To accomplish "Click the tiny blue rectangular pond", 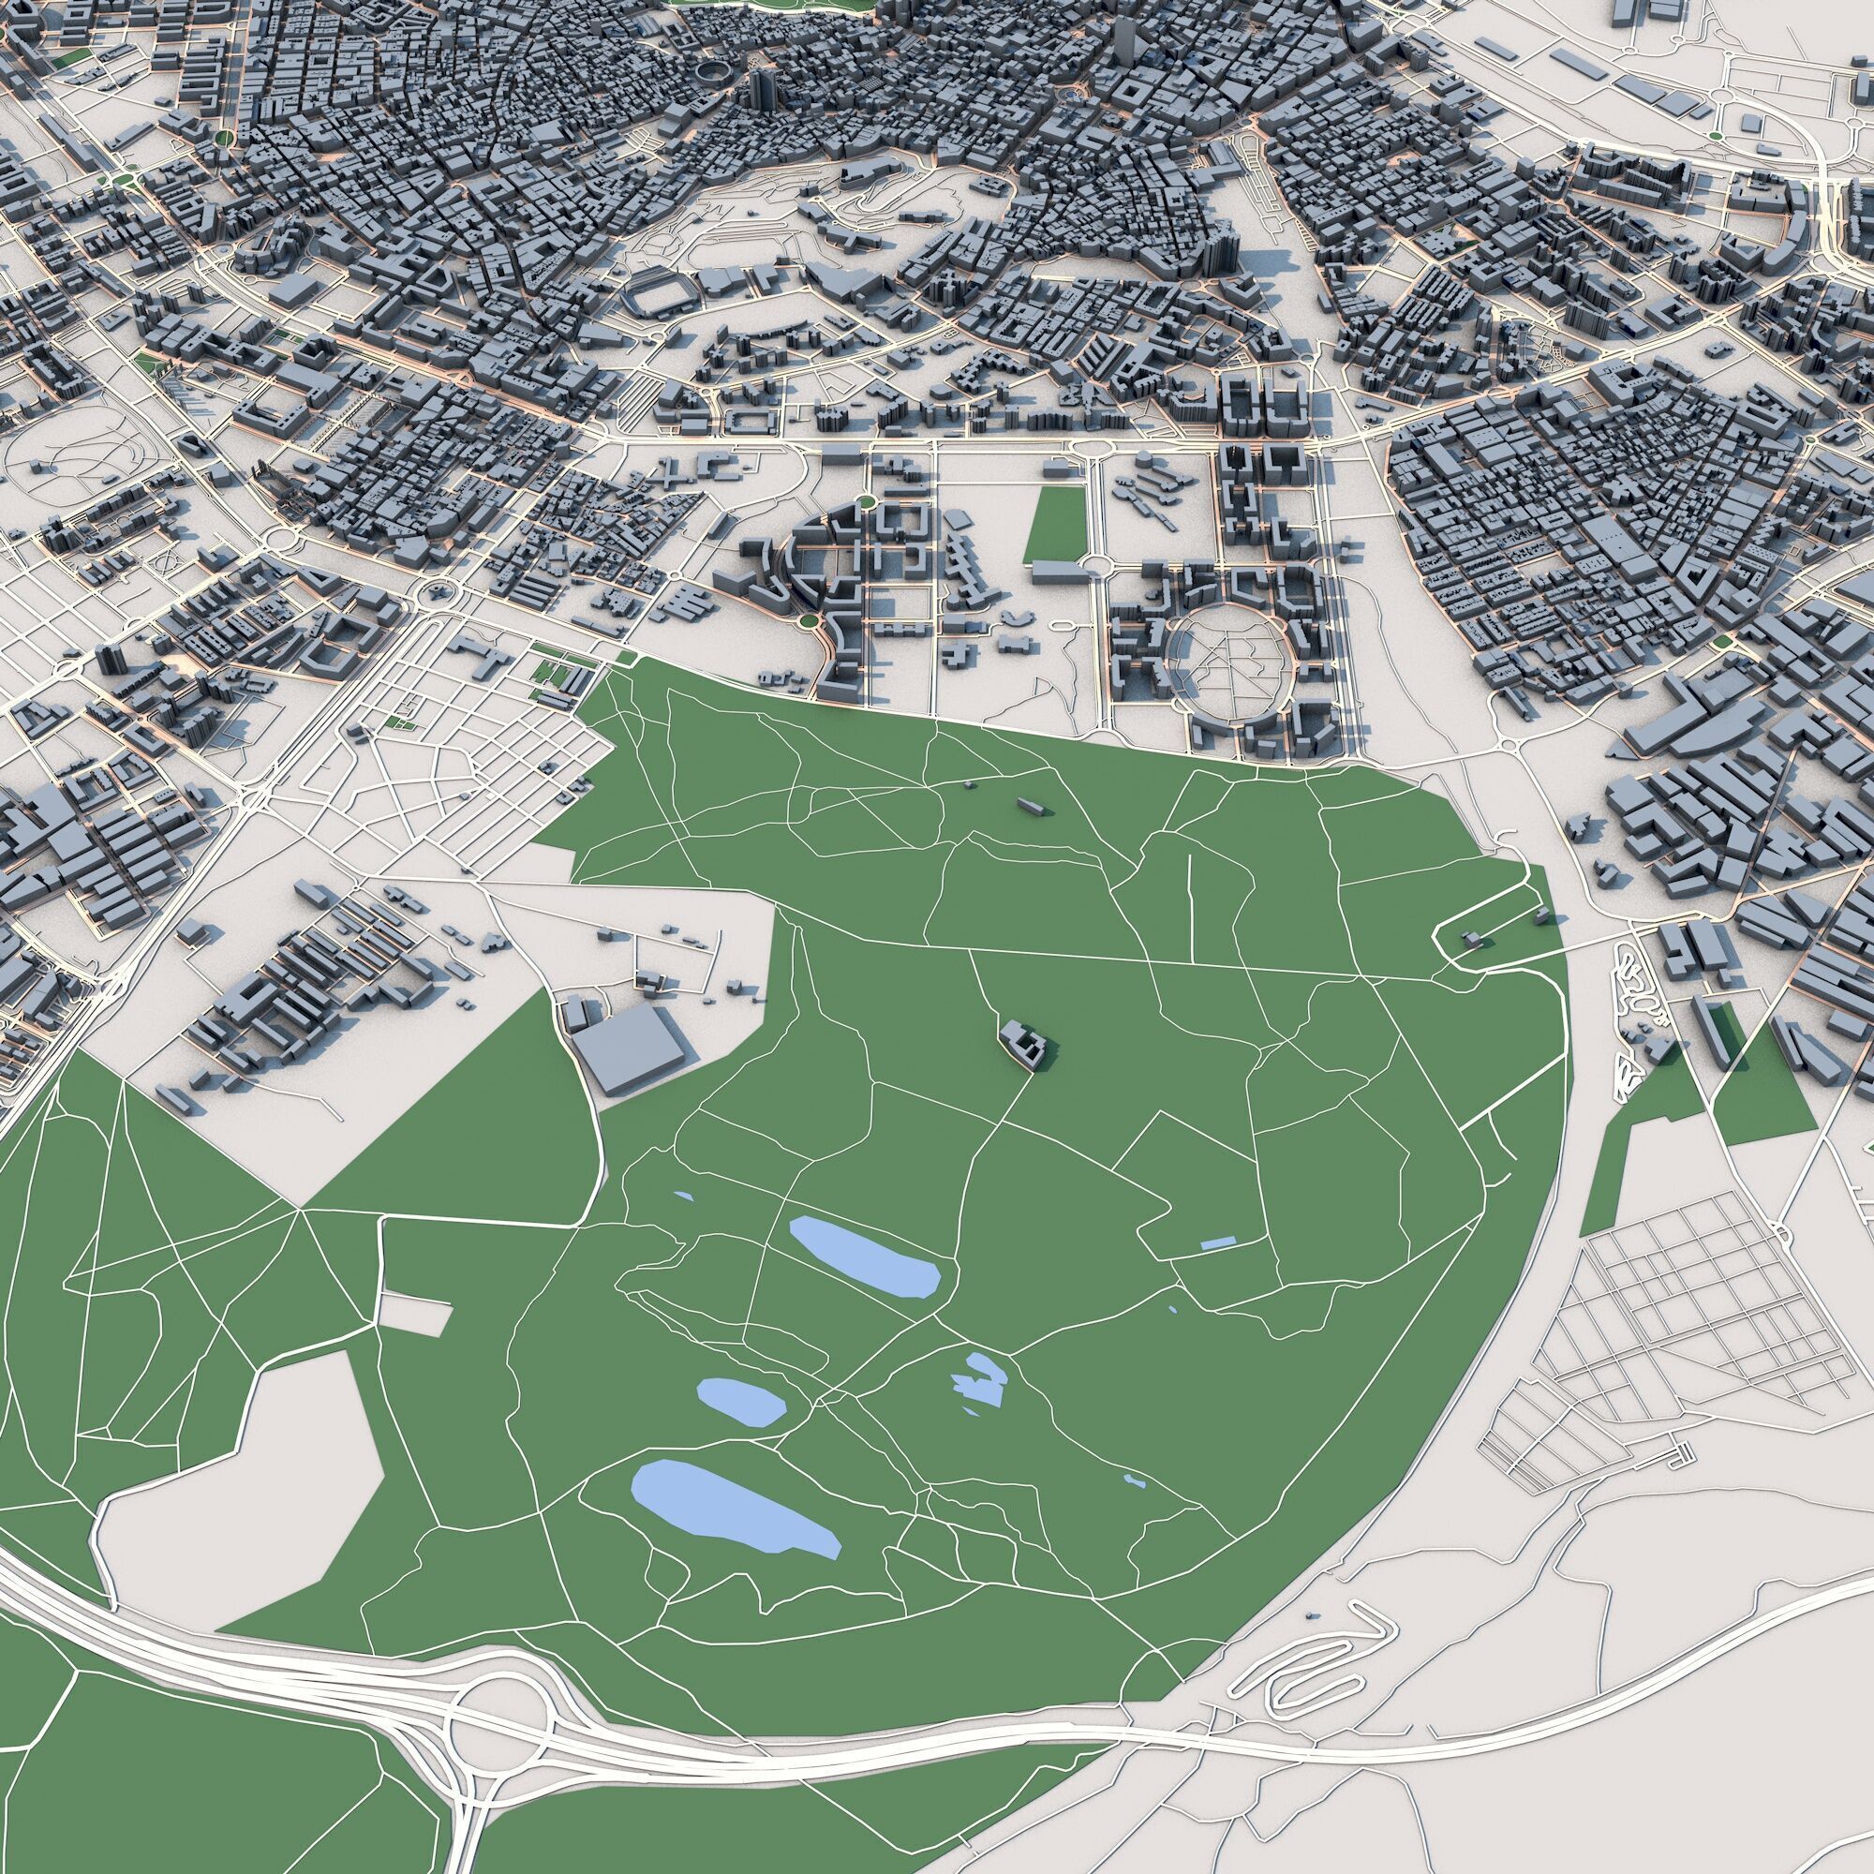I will coord(1217,1242).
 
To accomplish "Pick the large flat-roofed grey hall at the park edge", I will coord(628,1049).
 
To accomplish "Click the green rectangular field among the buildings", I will coord(1057,524).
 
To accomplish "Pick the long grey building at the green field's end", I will coord(1059,573).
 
